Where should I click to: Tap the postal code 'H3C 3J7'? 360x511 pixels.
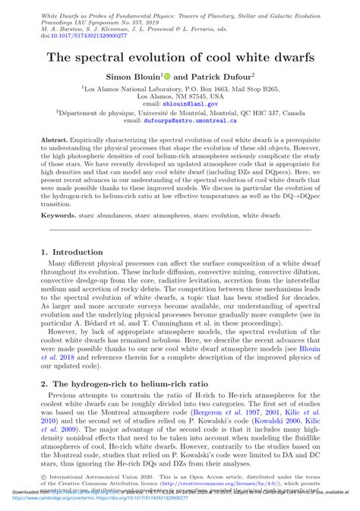point(269,112)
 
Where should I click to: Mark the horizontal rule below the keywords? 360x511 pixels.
point(180,230)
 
